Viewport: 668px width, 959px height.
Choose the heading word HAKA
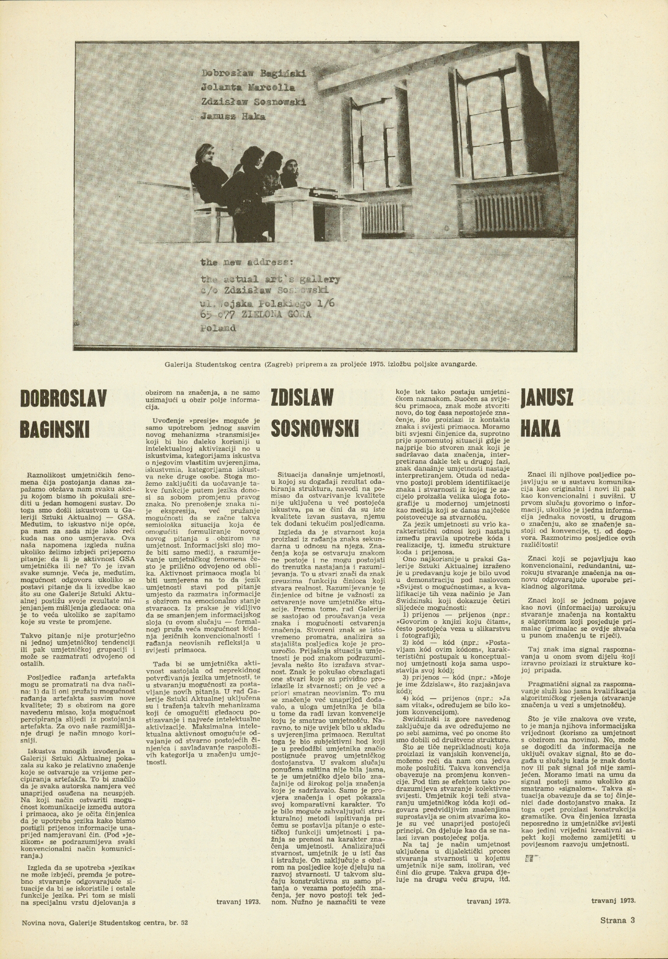(x=540, y=429)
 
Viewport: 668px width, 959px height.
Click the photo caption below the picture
(x=320, y=363)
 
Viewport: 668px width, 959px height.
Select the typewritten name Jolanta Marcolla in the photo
(x=248, y=88)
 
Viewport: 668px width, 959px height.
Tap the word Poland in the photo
(x=219, y=328)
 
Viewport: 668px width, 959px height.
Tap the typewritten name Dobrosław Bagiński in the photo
(x=254, y=74)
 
